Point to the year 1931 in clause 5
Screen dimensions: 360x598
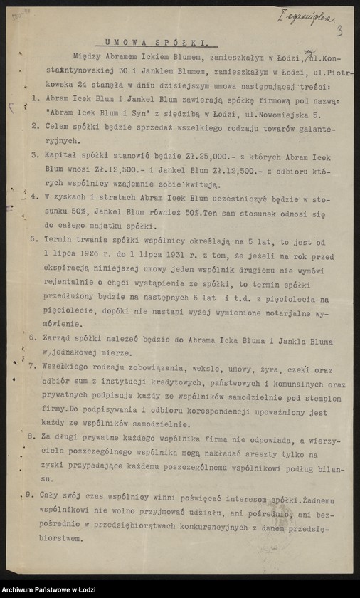[174, 253]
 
